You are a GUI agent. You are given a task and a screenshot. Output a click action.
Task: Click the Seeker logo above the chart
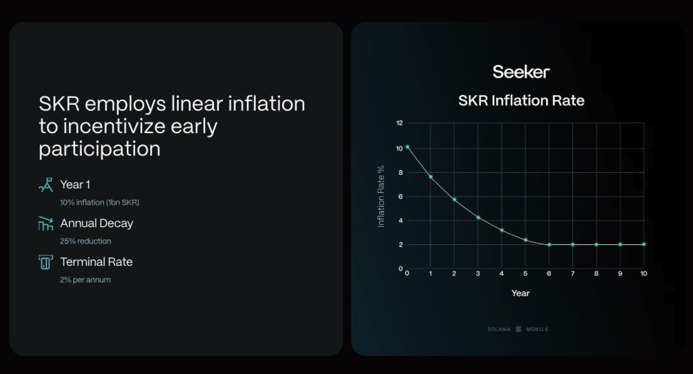pos(521,71)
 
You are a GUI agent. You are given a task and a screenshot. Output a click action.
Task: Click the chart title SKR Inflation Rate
pos(521,101)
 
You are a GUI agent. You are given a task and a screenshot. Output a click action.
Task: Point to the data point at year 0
pos(407,147)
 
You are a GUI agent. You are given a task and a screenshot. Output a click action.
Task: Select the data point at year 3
pos(478,217)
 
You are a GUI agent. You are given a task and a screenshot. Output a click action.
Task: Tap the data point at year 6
pos(550,244)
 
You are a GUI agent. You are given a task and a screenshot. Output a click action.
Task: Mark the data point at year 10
pos(644,244)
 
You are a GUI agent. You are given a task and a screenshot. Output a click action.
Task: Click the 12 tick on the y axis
pos(400,123)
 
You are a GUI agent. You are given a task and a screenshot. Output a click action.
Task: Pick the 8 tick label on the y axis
pos(401,172)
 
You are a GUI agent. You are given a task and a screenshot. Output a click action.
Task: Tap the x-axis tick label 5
pos(525,273)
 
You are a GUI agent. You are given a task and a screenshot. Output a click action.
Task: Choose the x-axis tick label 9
pos(620,273)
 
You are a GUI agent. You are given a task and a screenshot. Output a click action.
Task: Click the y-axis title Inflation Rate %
pos(380,196)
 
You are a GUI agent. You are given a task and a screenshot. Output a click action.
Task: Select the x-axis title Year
pos(520,293)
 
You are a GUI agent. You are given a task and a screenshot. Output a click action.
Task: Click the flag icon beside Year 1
pos(46,185)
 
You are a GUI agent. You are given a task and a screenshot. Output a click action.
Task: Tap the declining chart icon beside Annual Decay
pos(46,223)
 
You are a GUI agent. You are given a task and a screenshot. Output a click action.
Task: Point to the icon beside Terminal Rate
pos(46,262)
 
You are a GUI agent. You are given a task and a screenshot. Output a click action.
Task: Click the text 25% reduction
pos(86,241)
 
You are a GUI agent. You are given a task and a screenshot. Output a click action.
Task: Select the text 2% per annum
pos(85,280)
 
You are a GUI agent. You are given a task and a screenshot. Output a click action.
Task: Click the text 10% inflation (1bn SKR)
pos(99,203)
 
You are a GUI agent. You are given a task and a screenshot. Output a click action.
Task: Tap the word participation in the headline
pos(99,149)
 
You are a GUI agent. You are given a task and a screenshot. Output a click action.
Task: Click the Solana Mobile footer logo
pos(518,330)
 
